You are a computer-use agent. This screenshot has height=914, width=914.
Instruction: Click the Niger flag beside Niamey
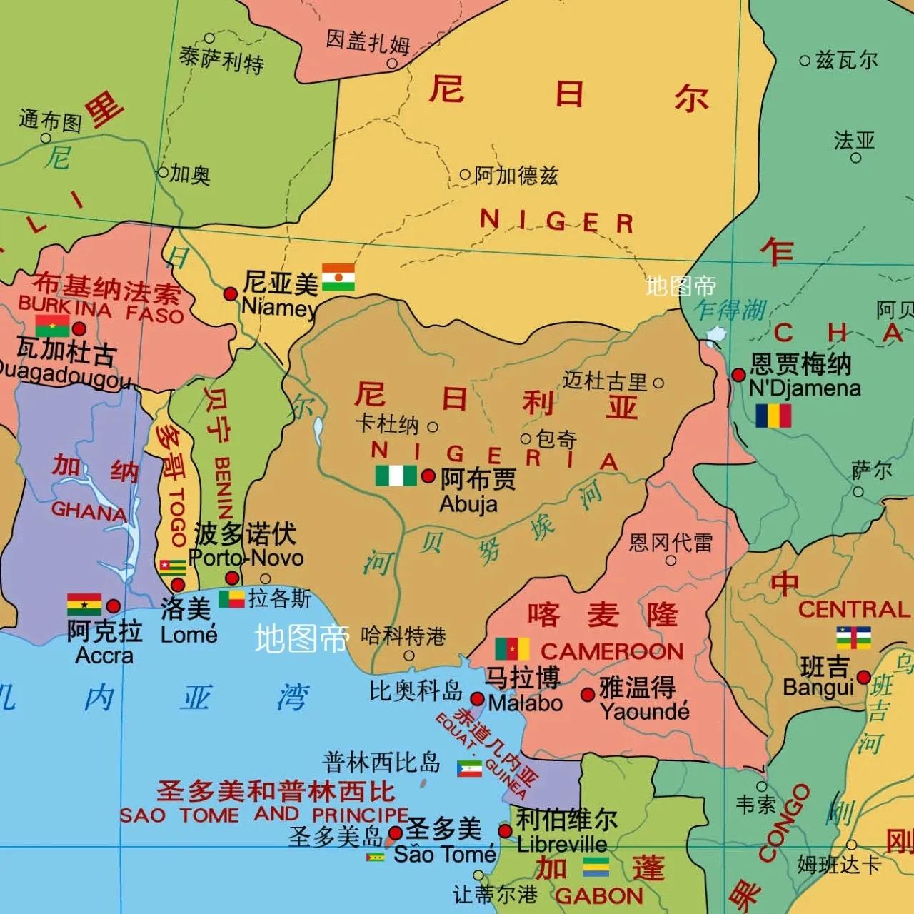pos(338,278)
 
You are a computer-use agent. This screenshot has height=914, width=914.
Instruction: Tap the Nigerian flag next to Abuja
pos(396,476)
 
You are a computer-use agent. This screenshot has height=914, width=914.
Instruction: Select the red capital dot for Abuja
pos(428,476)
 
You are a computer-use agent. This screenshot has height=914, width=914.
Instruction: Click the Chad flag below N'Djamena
pos(773,416)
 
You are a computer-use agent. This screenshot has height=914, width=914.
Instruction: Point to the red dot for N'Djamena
pos(739,375)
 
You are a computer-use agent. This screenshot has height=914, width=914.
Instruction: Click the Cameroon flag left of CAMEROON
pos(512,648)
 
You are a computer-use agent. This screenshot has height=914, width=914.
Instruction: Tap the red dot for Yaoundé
pos(588,695)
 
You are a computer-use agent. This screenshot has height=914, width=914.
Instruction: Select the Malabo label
pos(525,703)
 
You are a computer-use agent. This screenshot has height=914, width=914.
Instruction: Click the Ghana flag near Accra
pos(84,604)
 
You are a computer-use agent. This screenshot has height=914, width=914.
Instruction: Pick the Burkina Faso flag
pos(52,326)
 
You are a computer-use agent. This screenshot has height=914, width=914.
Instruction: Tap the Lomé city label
pos(189,634)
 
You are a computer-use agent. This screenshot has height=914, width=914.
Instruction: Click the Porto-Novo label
pos(246,558)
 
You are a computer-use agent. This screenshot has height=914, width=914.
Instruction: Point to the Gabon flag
pos(596,866)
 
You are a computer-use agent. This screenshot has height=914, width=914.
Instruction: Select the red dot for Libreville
pos(505,831)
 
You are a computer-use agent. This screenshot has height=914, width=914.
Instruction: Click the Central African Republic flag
pos(853,638)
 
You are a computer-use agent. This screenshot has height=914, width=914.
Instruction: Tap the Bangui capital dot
pos(864,677)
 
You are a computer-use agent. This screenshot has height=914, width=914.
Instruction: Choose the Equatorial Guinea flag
pos(469,769)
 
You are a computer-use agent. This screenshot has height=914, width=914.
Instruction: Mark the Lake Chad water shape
pos(715,335)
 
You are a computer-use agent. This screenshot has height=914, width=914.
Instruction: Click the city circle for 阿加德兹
pos(465,174)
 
